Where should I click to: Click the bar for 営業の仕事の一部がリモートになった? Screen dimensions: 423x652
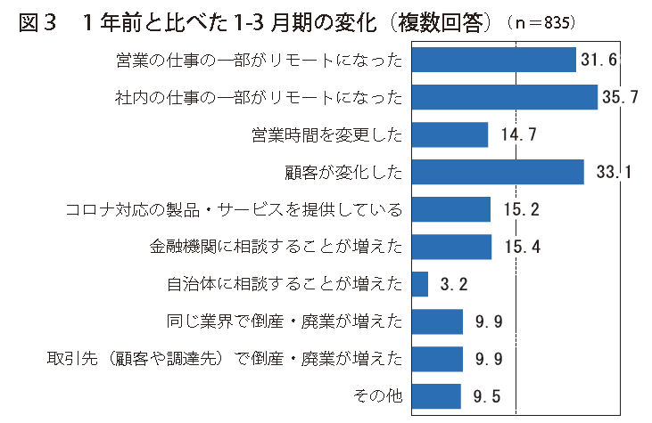(x=494, y=60)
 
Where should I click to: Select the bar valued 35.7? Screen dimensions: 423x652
(x=505, y=97)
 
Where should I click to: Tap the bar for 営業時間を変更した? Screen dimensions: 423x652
(x=450, y=134)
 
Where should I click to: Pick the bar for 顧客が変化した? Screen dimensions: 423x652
(x=499, y=172)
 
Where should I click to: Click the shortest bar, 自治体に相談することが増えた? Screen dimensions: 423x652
(x=421, y=284)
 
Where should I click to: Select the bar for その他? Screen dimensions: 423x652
(x=437, y=396)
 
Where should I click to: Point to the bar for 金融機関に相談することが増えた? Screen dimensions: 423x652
(x=452, y=247)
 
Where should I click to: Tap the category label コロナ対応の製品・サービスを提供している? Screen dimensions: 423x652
(x=235, y=210)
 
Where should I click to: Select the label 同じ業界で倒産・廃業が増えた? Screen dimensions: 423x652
(x=285, y=321)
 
